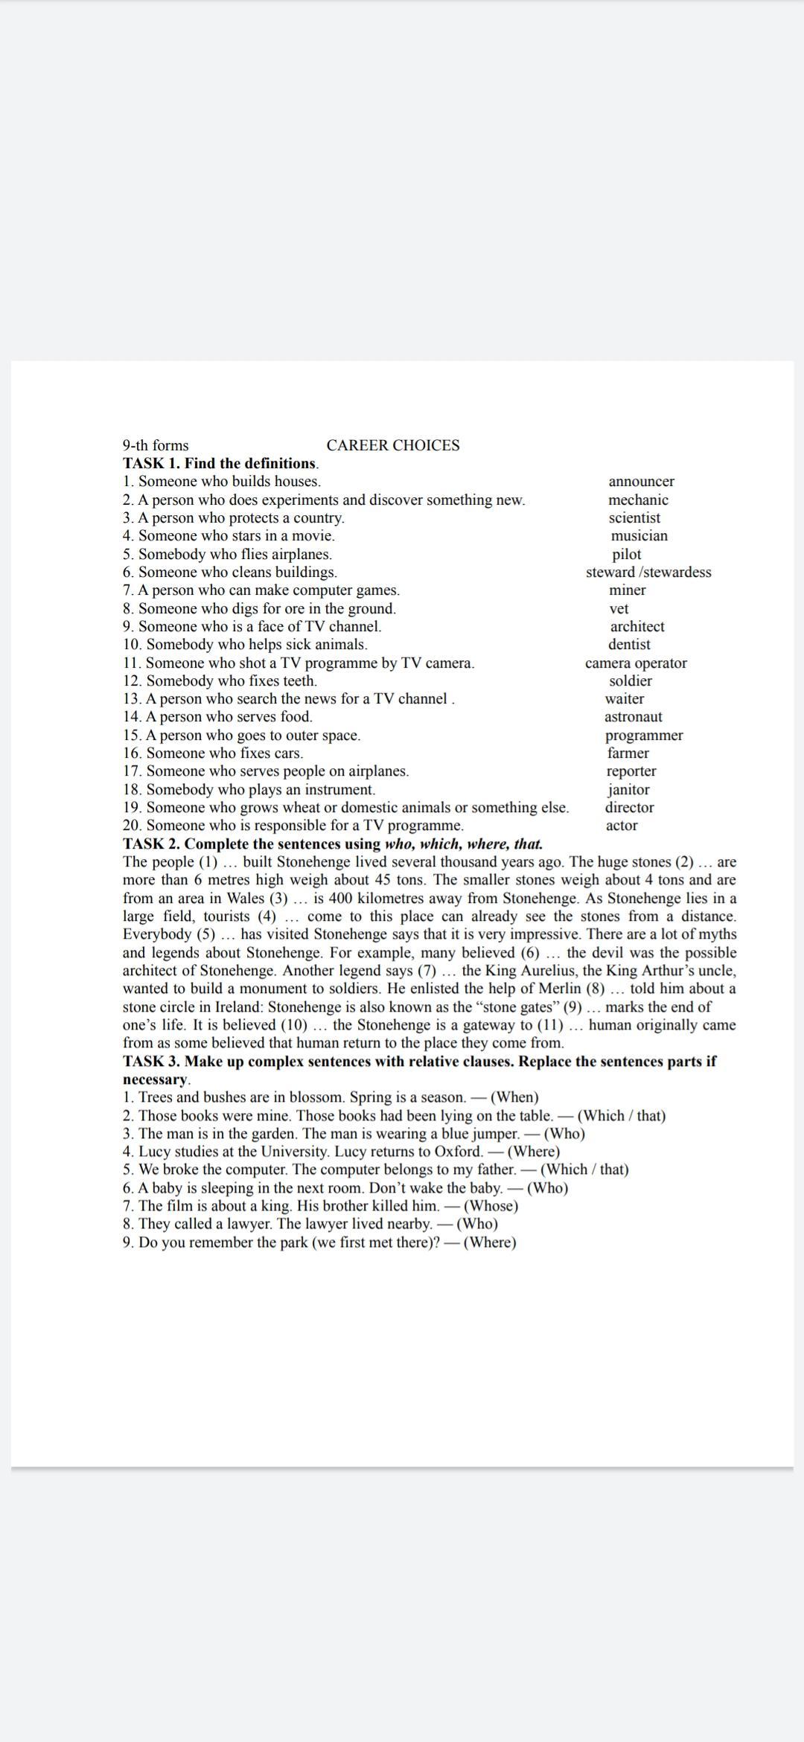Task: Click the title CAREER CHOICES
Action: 392,445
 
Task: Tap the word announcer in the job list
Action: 641,482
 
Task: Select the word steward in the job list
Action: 610,572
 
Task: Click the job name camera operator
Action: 636,663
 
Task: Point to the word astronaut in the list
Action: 633,717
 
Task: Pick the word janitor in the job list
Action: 628,790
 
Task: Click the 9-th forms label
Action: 156,446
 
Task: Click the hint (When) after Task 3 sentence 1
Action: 514,1097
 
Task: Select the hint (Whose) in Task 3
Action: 491,1206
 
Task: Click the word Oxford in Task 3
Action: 458,1152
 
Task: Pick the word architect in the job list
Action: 637,627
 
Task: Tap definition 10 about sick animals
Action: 245,645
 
